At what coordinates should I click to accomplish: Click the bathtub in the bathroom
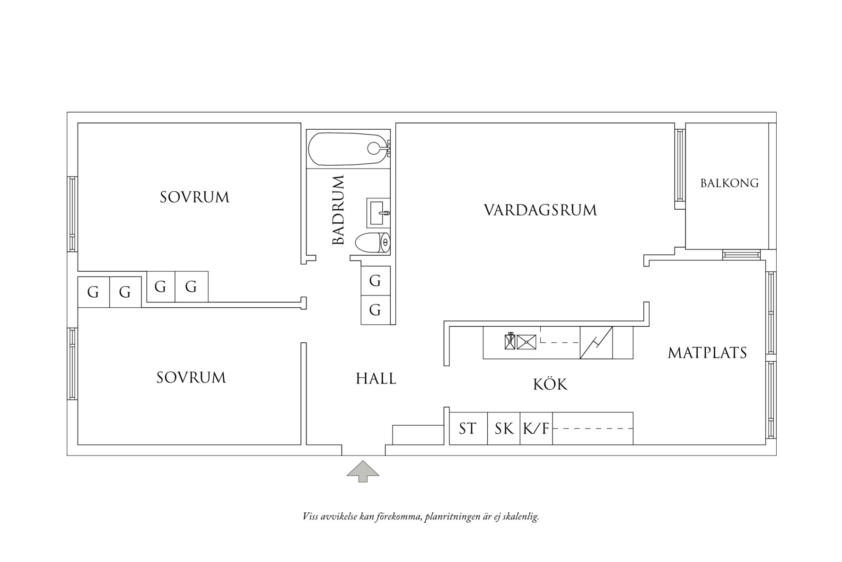pos(348,149)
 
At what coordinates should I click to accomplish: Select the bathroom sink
pos(378,213)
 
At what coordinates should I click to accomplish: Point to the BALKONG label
pos(729,183)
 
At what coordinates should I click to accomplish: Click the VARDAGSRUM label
pos(540,210)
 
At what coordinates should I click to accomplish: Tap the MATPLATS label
pos(707,353)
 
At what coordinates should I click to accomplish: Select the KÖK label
pos(550,384)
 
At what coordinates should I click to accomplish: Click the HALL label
pos(376,379)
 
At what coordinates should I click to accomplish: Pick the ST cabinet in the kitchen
pos(468,429)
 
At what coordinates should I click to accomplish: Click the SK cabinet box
pos(504,429)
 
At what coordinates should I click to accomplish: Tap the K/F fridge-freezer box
pos(536,429)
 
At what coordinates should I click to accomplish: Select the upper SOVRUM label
pos(194,197)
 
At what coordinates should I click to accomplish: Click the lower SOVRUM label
pos(191,378)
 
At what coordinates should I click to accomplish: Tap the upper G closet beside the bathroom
pos(375,281)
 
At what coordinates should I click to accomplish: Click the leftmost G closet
pos(93,292)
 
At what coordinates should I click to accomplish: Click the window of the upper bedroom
pos(72,214)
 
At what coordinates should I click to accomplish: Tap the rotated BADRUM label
pos(338,210)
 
